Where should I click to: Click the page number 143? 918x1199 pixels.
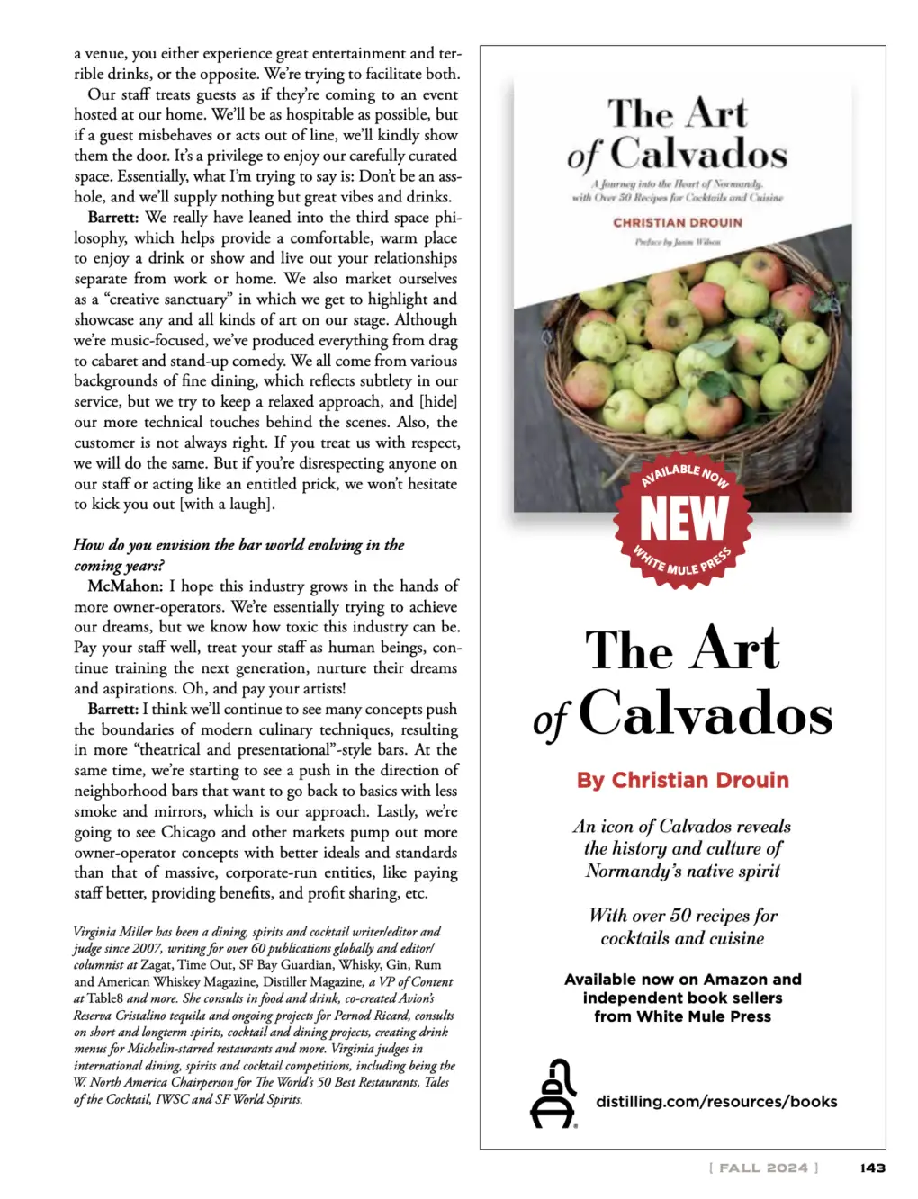[872, 1168]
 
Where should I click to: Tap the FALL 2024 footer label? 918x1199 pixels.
[763, 1168]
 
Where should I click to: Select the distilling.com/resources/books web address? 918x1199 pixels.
[716, 1101]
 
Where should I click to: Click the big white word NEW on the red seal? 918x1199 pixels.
[683, 519]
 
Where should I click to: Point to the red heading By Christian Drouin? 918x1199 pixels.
[682, 780]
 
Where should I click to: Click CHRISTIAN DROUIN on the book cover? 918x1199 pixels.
[678, 222]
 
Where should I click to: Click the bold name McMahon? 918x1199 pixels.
[125, 586]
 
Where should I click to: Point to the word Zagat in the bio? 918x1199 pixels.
[157, 965]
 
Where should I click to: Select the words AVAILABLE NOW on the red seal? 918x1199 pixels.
[685, 474]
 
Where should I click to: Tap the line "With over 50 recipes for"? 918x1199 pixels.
[682, 916]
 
